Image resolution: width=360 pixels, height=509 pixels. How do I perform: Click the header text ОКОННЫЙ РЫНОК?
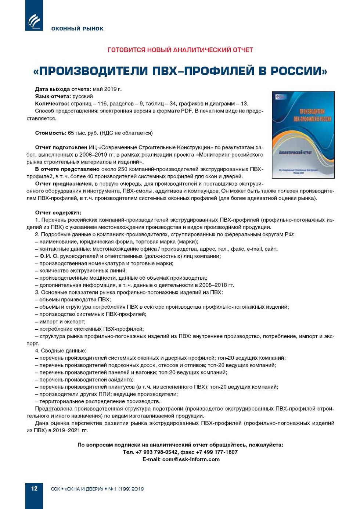(77, 29)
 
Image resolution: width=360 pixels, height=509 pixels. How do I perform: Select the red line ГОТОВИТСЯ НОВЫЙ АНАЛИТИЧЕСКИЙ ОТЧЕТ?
(180, 50)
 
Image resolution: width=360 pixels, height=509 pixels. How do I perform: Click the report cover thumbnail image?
(303, 135)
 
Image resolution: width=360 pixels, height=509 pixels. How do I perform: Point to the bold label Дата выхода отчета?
(63, 89)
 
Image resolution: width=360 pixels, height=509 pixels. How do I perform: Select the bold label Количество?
(52, 104)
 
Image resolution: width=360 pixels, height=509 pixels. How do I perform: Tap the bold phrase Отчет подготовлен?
(61, 147)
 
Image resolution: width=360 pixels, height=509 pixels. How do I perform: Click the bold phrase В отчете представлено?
(67, 169)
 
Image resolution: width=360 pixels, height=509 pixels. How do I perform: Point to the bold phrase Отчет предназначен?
(64, 183)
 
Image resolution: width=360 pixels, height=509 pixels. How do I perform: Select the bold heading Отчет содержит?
(58, 212)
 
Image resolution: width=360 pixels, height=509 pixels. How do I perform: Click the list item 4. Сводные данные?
(61, 351)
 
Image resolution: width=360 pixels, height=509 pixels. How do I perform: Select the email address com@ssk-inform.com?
(191, 459)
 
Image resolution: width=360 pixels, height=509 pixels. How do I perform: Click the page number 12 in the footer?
(34, 488)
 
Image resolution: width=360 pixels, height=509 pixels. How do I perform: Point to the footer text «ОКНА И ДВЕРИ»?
(84, 489)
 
